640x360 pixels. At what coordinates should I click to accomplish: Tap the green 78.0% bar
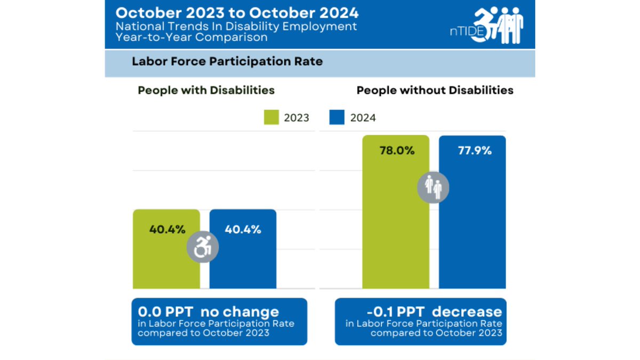(x=396, y=224)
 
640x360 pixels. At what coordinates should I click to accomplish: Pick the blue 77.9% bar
(x=473, y=224)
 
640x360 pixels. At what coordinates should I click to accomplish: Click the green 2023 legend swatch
(x=272, y=117)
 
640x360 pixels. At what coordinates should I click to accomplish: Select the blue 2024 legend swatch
(x=337, y=117)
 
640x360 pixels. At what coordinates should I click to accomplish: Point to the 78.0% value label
(x=397, y=150)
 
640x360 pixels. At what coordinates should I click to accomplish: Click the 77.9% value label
(x=475, y=150)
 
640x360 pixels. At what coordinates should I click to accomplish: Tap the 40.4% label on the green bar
(x=167, y=230)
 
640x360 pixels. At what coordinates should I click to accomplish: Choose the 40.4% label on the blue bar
(x=243, y=230)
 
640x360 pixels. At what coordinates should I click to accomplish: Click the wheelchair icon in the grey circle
(x=202, y=247)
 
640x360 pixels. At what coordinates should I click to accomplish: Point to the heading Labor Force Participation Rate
(x=227, y=62)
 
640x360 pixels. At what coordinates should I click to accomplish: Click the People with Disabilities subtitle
(x=206, y=90)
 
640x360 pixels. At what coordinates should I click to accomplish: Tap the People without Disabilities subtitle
(x=435, y=90)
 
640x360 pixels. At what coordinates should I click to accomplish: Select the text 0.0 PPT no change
(x=209, y=311)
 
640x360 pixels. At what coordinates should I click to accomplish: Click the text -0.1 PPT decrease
(x=434, y=311)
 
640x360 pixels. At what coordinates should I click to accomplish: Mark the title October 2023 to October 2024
(x=237, y=12)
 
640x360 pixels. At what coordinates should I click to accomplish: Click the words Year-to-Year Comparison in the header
(x=191, y=38)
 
